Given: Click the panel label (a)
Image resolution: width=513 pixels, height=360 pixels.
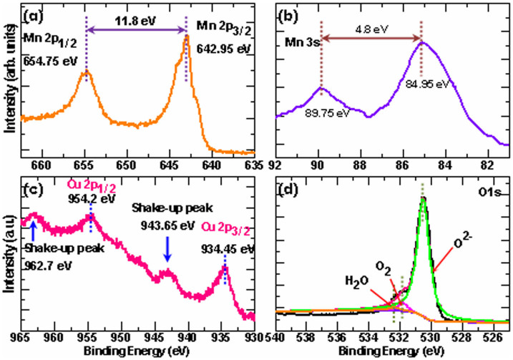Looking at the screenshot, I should pos(34,14).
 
